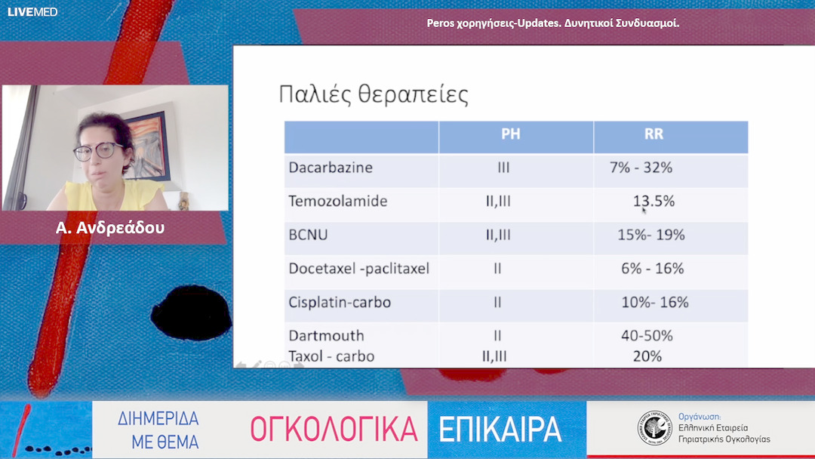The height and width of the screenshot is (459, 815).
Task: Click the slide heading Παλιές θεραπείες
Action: click(374, 95)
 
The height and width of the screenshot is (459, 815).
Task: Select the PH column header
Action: click(511, 136)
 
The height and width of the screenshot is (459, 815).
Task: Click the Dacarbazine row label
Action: click(331, 168)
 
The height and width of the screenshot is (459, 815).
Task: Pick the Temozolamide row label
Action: click(338, 202)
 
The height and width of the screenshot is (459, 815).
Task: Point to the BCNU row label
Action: click(309, 235)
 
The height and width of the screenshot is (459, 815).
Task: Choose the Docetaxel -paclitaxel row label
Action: click(358, 269)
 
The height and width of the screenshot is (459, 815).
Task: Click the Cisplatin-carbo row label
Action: click(340, 302)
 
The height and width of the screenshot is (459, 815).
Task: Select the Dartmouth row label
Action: click(326, 335)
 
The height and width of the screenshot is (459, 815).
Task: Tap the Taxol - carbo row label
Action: click(331, 356)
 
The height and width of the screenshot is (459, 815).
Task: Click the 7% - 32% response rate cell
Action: click(641, 168)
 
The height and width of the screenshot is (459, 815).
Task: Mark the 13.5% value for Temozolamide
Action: click(654, 202)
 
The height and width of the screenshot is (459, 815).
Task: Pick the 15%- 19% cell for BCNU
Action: click(650, 235)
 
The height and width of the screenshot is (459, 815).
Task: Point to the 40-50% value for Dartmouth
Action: click(647, 335)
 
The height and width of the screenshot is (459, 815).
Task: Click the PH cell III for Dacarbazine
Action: click(503, 168)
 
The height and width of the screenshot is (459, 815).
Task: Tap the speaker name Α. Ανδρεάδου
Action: click(110, 227)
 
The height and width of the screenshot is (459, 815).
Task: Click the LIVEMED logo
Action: click(32, 12)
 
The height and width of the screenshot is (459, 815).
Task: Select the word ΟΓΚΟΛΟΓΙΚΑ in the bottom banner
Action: click(334, 430)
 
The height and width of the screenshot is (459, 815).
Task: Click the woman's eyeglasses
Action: click(99, 150)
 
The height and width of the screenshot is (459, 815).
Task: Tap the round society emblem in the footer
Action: click(654, 429)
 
